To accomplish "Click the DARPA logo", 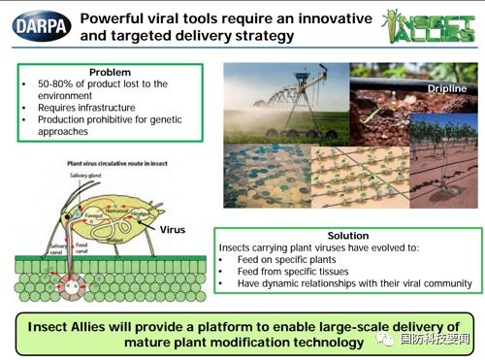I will [x=37, y=21].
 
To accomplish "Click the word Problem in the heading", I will [x=110, y=73].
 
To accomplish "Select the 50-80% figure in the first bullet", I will [x=51, y=85].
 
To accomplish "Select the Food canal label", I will [x=82, y=246].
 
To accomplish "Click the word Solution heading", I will [x=347, y=236].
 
